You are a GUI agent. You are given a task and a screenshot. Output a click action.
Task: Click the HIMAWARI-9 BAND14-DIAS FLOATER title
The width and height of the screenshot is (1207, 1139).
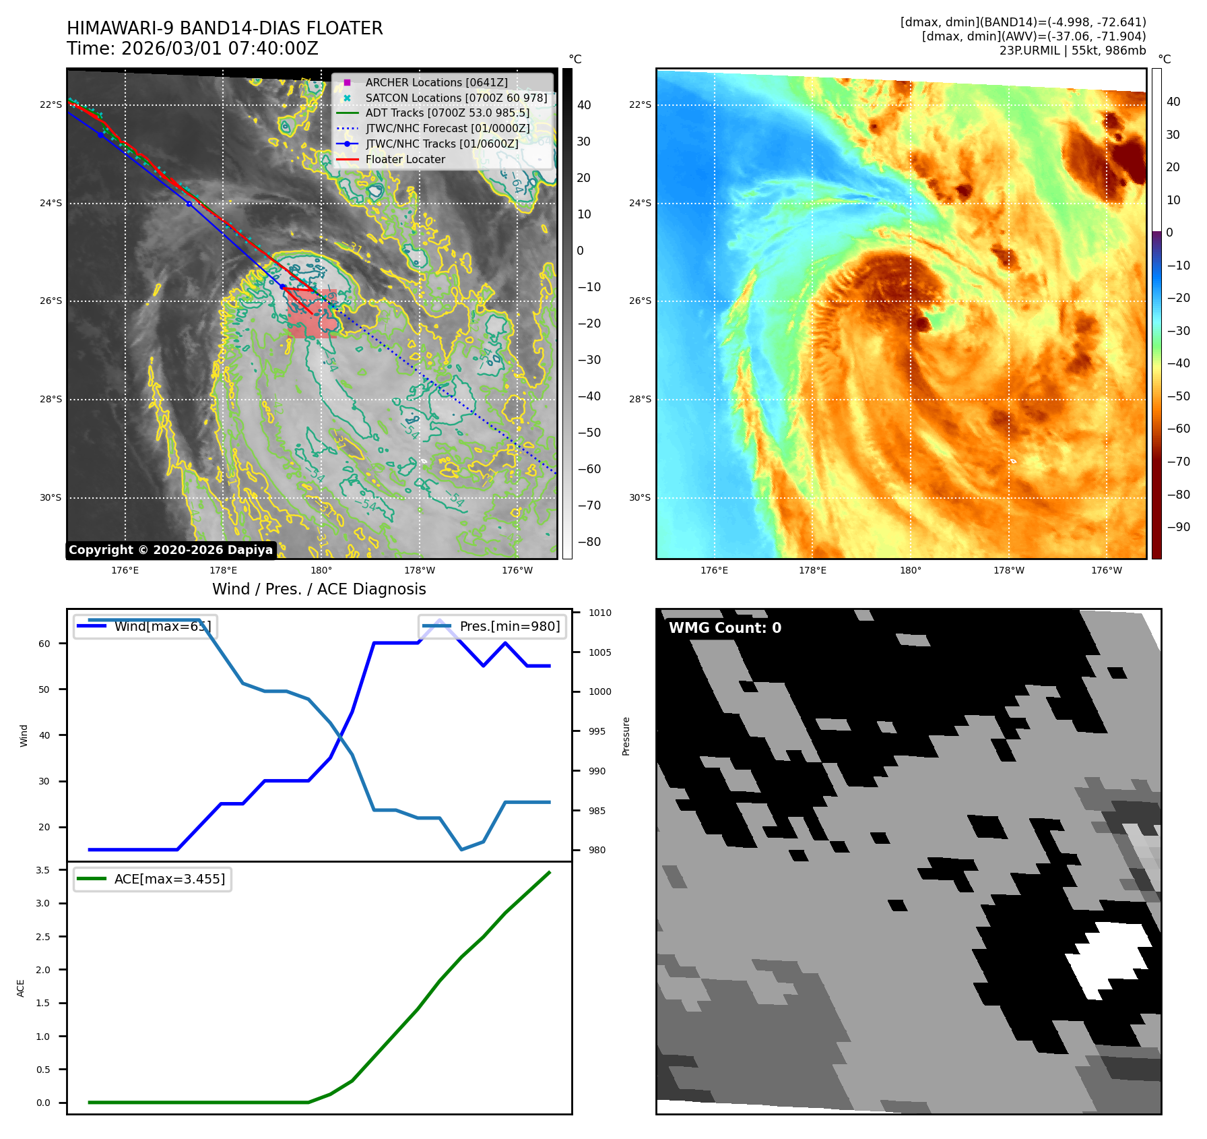[224, 28]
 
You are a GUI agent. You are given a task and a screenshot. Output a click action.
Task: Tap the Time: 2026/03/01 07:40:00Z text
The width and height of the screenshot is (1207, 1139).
[192, 49]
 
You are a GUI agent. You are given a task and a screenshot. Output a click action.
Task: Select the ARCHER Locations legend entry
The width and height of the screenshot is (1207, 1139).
[436, 82]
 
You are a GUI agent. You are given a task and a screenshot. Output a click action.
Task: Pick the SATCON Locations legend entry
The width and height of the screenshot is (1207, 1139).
[456, 98]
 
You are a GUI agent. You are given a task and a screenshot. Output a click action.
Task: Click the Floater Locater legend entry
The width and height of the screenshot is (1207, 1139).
[405, 159]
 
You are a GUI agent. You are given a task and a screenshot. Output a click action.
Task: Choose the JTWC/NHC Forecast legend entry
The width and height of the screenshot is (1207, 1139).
[447, 128]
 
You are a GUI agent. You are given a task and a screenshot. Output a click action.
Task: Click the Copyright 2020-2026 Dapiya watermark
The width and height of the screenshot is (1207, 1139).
[170, 550]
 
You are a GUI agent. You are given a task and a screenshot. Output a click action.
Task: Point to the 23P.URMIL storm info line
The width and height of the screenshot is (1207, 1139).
[1072, 51]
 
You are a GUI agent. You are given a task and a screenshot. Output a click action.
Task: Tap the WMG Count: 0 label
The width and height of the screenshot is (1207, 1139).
[725, 628]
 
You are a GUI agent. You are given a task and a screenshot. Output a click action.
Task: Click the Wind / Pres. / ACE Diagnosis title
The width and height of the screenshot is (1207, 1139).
[319, 589]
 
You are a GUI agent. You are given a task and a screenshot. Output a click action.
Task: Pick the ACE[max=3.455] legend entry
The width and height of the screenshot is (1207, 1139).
[169, 879]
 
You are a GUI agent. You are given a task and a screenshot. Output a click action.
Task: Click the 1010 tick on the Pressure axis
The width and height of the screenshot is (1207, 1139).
[599, 613]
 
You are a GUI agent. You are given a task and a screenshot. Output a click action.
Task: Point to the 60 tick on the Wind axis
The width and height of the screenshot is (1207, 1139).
[44, 644]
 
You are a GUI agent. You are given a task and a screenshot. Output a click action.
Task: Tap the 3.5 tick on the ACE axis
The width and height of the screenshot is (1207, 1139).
[43, 870]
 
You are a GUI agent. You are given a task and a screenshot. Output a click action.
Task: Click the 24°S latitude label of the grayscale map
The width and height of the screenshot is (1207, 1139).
[51, 203]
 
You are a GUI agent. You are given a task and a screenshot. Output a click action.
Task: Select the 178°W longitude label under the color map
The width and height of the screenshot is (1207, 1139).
[1008, 570]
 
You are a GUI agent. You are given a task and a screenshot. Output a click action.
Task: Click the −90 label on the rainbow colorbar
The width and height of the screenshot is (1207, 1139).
[1178, 527]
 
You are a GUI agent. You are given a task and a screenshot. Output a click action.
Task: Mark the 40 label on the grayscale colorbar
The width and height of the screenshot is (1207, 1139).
[584, 105]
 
